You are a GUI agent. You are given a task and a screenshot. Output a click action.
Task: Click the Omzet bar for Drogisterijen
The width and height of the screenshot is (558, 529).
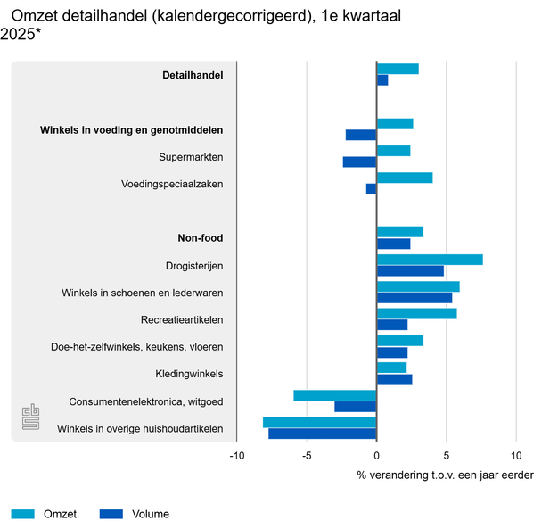pos(430,260)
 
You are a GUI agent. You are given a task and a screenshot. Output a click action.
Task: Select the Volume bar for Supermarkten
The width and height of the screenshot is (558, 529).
pos(360,162)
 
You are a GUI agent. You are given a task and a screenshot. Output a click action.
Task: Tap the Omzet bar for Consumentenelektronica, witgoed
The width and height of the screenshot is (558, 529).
pos(335,395)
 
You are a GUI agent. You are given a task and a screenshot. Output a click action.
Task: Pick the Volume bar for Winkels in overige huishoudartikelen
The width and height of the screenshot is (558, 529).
pos(323,434)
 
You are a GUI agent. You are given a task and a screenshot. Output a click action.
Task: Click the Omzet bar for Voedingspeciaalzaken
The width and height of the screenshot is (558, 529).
pos(405,178)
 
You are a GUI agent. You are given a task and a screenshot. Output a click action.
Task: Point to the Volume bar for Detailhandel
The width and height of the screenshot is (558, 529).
pos(382,80)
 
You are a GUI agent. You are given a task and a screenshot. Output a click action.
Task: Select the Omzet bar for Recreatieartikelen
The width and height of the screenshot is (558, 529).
pos(417,313)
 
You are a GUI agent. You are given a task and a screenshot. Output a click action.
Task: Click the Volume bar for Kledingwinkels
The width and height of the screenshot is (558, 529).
pos(394,380)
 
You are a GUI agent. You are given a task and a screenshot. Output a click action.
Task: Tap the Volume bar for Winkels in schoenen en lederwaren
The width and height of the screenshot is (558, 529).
pos(414,298)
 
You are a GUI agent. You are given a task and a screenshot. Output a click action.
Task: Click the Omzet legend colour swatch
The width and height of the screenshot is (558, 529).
pos(22,514)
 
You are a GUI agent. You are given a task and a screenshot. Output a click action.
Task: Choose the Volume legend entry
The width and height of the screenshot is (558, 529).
pos(150,514)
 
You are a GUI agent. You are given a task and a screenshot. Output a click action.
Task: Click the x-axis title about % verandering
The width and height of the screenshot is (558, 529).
pos(445,475)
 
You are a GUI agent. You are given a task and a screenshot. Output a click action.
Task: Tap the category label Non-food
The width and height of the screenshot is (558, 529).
pos(201,238)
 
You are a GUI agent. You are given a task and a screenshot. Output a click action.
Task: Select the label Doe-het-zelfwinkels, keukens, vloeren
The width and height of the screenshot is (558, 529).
pos(137,347)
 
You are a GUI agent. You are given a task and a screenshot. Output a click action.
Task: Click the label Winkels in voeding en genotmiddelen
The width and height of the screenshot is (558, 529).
pos(131,130)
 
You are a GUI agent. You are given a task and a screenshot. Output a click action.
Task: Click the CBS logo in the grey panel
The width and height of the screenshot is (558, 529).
pos(31,417)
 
